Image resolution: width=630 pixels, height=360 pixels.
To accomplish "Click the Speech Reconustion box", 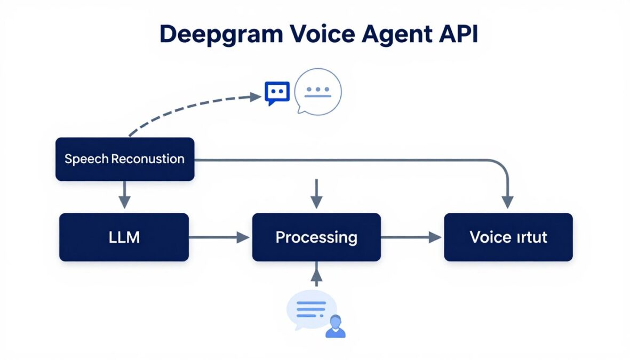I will pyautogui.click(x=125, y=159).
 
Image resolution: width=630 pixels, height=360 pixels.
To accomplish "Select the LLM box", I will pyautogui.click(x=124, y=237).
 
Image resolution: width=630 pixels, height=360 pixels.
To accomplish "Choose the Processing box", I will pyautogui.click(x=316, y=237).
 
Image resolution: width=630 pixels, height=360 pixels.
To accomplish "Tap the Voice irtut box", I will pyautogui.click(x=508, y=237).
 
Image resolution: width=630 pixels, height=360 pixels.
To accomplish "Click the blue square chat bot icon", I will pyautogui.click(x=277, y=93).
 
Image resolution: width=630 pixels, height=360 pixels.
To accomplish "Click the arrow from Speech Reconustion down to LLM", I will pyautogui.click(x=124, y=195).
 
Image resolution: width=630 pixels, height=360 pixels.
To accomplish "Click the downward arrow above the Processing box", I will pyautogui.click(x=316, y=194).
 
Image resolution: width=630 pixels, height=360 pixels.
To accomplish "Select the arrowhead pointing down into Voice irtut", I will pyautogui.click(x=507, y=202).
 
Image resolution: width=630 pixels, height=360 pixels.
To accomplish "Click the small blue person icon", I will pyautogui.click(x=336, y=326).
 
